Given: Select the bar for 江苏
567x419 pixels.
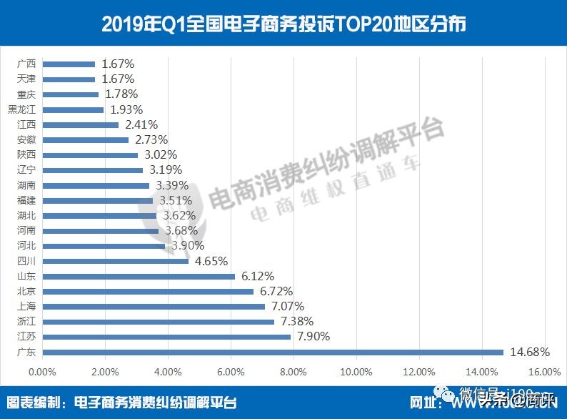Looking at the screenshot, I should [x=166, y=337].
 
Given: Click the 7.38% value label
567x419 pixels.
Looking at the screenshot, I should [x=296, y=321].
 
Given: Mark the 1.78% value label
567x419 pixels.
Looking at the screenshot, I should [x=121, y=94].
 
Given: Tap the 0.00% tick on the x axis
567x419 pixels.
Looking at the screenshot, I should [x=42, y=372].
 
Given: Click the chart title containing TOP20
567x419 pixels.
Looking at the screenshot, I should [x=283, y=24].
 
